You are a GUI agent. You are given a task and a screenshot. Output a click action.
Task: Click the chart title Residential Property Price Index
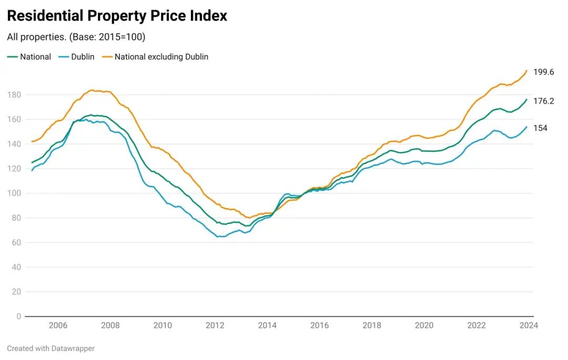pyautogui.click(x=117, y=16)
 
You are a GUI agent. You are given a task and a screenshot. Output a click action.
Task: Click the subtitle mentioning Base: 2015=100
pyautogui.click(x=76, y=37)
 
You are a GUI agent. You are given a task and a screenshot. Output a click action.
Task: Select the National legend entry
pyautogui.click(x=35, y=57)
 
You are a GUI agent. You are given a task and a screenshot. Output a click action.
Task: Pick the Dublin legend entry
pyautogui.click(x=83, y=57)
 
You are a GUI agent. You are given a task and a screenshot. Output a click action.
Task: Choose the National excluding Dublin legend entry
pyautogui.click(x=161, y=57)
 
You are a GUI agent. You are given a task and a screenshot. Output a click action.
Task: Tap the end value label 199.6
pyautogui.click(x=543, y=72)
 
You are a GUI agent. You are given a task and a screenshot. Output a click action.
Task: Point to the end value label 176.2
pyautogui.click(x=543, y=101)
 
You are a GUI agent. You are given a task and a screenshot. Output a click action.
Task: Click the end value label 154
pyautogui.click(x=540, y=128)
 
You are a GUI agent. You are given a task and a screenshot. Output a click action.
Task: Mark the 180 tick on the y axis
pyautogui.click(x=14, y=95)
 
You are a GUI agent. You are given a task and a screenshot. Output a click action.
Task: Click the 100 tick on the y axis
pyautogui.click(x=14, y=193)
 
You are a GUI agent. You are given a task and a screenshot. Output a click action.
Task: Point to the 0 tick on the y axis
pyautogui.click(x=18, y=316)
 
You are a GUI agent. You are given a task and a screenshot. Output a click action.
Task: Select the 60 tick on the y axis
pyautogui.click(x=16, y=242)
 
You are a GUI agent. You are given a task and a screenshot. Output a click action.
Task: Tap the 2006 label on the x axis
pyautogui.click(x=58, y=326)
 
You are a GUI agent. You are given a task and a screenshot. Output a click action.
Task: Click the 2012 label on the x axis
pyautogui.click(x=215, y=326)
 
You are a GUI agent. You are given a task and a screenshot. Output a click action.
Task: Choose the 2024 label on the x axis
pyautogui.click(x=529, y=326)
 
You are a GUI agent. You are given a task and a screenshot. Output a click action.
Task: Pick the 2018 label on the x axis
pyautogui.click(x=372, y=326)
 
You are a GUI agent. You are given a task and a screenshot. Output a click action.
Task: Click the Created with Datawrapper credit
pyautogui.click(x=51, y=348)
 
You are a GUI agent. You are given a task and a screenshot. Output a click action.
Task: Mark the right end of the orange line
pyautogui.click(x=526, y=70)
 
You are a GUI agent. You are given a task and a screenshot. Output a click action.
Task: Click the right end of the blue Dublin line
pyautogui.click(x=526, y=127)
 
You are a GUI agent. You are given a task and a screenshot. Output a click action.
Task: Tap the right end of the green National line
pyautogui.click(x=526, y=99)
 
